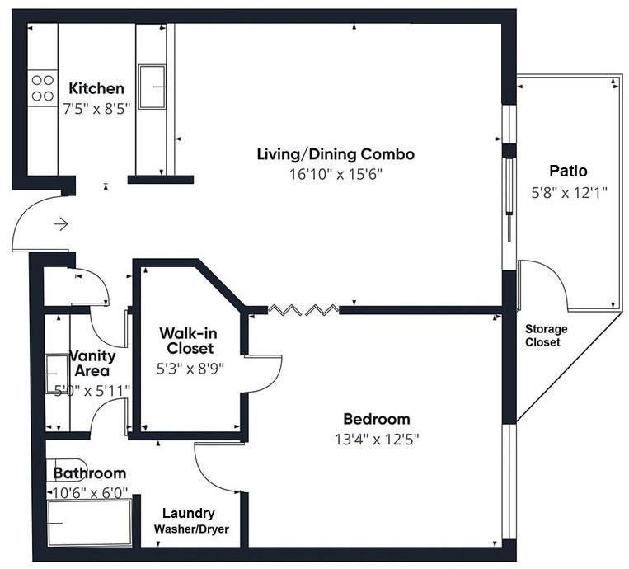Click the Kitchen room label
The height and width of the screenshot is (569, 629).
coord(96,88)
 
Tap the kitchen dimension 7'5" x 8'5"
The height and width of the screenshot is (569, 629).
coord(96,108)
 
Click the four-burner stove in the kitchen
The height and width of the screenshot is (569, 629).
coord(43,88)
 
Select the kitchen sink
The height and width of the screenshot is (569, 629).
coord(152,87)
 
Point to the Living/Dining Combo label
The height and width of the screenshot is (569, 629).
coord(336,154)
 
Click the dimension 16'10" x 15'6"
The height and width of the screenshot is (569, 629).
coord(336,174)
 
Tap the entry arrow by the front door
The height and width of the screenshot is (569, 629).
coord(61,224)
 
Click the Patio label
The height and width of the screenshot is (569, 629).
coord(568,171)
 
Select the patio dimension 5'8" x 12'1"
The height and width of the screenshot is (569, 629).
coord(569,193)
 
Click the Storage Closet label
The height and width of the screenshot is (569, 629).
coord(546,336)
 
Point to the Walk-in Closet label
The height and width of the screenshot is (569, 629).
coord(189,341)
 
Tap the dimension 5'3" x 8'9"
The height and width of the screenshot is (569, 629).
coord(190,369)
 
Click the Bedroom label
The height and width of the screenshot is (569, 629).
coord(377,419)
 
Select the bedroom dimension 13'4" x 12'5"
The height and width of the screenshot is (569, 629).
coord(377,440)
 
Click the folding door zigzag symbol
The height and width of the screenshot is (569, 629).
coord(303,309)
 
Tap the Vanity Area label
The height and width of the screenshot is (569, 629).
coord(92,363)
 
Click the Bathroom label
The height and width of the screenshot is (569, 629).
coord(90,473)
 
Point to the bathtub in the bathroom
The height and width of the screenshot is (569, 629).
coord(90,523)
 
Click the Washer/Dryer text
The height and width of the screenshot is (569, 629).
coord(191,529)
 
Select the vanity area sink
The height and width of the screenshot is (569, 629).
coord(57,374)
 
